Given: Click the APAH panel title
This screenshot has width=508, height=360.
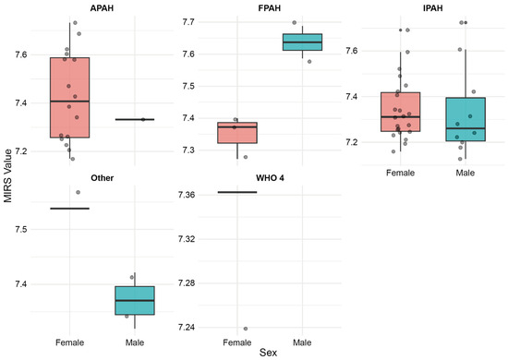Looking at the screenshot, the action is [102, 8].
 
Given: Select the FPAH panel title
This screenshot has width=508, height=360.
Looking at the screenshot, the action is [269, 8].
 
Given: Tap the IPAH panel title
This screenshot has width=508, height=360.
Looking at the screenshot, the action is [433, 8].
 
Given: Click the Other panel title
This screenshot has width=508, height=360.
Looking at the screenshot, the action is [102, 178].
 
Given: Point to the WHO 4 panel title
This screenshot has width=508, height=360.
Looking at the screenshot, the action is [270, 178].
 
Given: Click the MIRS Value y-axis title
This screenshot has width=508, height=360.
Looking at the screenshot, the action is [8, 175].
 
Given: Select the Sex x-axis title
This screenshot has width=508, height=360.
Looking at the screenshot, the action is [268, 353].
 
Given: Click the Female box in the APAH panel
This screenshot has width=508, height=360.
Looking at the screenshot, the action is [69, 98].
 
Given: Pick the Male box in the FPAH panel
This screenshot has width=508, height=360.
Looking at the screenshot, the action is [302, 42].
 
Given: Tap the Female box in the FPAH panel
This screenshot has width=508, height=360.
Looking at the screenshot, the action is [237, 133].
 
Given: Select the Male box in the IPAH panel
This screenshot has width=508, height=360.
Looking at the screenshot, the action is [466, 119].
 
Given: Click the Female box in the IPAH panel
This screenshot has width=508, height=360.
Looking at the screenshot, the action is [401, 112].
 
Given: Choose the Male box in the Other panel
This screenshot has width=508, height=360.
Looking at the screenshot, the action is [135, 300].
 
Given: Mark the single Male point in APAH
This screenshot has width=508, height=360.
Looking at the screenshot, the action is [143, 119].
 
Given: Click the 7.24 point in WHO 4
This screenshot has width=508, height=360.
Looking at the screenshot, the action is [246, 329].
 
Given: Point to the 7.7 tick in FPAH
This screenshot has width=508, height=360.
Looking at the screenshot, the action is [187, 22].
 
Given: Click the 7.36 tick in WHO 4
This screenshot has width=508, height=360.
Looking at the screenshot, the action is [187, 195].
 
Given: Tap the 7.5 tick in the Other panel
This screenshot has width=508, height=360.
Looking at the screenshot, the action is [20, 230].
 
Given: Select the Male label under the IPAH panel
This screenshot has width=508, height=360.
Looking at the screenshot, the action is [466, 173].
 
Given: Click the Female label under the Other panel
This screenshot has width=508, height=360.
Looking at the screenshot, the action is [69, 342].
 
